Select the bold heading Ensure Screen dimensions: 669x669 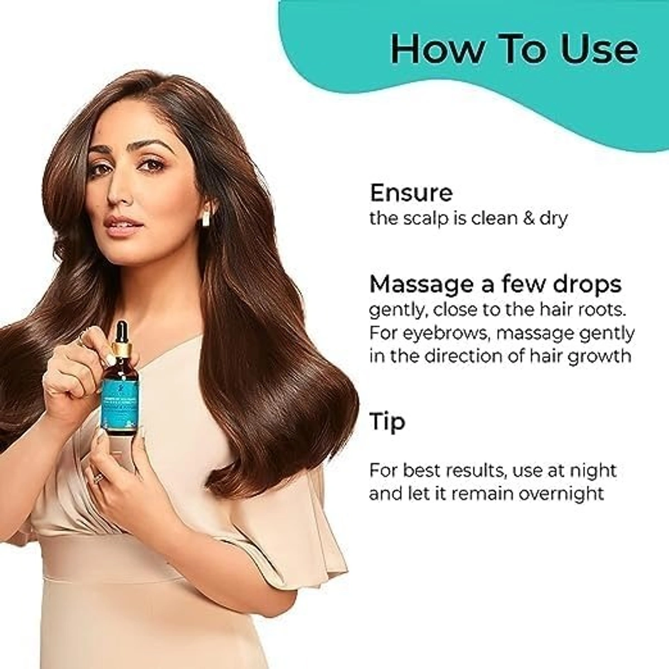click(411, 193)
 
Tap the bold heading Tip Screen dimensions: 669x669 click(387, 423)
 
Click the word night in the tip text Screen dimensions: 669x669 click(593, 470)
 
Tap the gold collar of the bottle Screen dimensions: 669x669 click(123, 350)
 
